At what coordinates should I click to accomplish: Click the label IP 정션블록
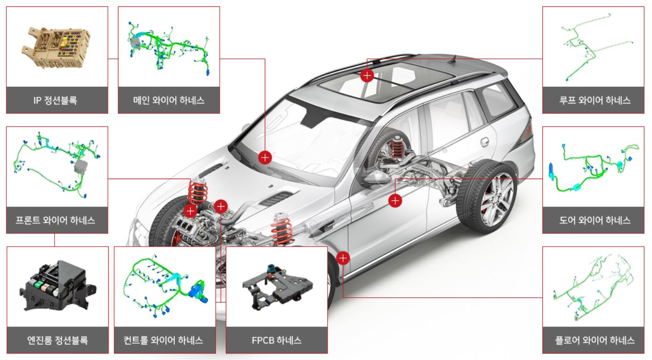pos(57,100)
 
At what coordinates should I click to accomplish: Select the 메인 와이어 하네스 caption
pos(169,100)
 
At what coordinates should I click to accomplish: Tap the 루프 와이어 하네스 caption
pos(593,100)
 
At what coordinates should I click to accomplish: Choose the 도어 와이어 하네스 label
pos(593,220)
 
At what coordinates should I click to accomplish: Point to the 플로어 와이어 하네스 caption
pos(593,340)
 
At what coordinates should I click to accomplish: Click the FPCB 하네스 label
pos(277,340)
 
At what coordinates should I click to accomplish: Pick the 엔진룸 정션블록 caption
pos(57,340)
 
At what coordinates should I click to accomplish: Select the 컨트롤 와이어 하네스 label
pos(165,340)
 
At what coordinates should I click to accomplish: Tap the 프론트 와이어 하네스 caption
pos(57,220)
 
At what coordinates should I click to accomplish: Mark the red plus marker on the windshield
pos(265,157)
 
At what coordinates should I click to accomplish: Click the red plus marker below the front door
pos(343,258)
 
